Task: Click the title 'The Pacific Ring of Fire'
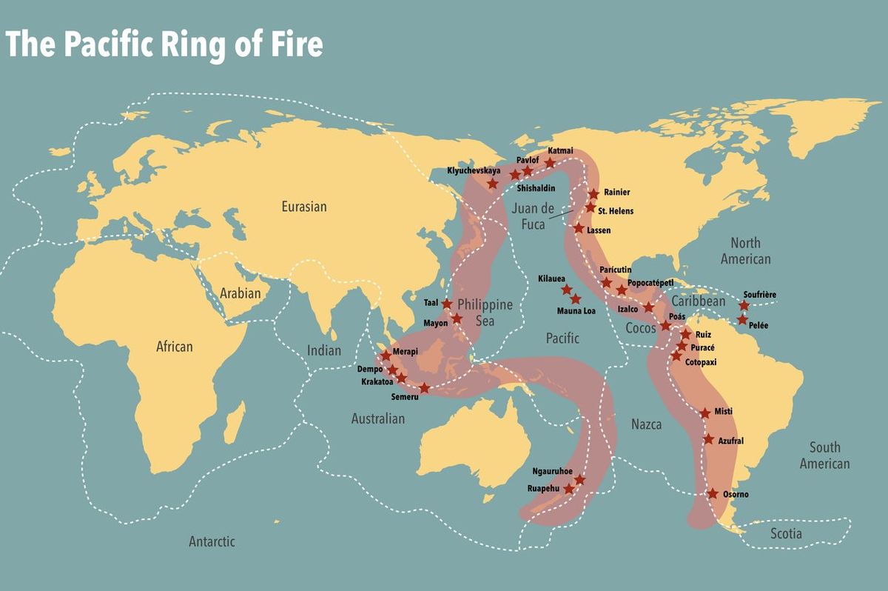pyautogui.click(x=164, y=44)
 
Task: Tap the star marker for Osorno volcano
pyautogui.click(x=713, y=493)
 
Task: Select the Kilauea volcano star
pyautogui.click(x=567, y=290)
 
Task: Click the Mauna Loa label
pyautogui.click(x=577, y=311)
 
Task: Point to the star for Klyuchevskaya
pyautogui.click(x=492, y=183)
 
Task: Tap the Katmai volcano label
pyautogui.click(x=560, y=151)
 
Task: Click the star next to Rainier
pyautogui.click(x=593, y=193)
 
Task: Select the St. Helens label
pyautogui.click(x=616, y=211)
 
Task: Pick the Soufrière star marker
pyautogui.click(x=744, y=305)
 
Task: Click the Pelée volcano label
pyautogui.click(x=758, y=325)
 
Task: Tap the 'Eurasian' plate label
pyautogui.click(x=303, y=207)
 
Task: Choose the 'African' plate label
pyautogui.click(x=174, y=346)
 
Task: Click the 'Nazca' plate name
pyautogui.click(x=646, y=424)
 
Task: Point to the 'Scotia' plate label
pyautogui.click(x=786, y=533)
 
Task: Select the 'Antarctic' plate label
pyautogui.click(x=212, y=541)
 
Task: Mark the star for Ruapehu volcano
pyautogui.click(x=568, y=489)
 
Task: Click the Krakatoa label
pyautogui.click(x=377, y=382)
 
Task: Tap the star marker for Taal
pyautogui.click(x=447, y=304)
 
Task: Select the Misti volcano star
pyautogui.click(x=705, y=413)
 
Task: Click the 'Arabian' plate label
pyautogui.click(x=240, y=293)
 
